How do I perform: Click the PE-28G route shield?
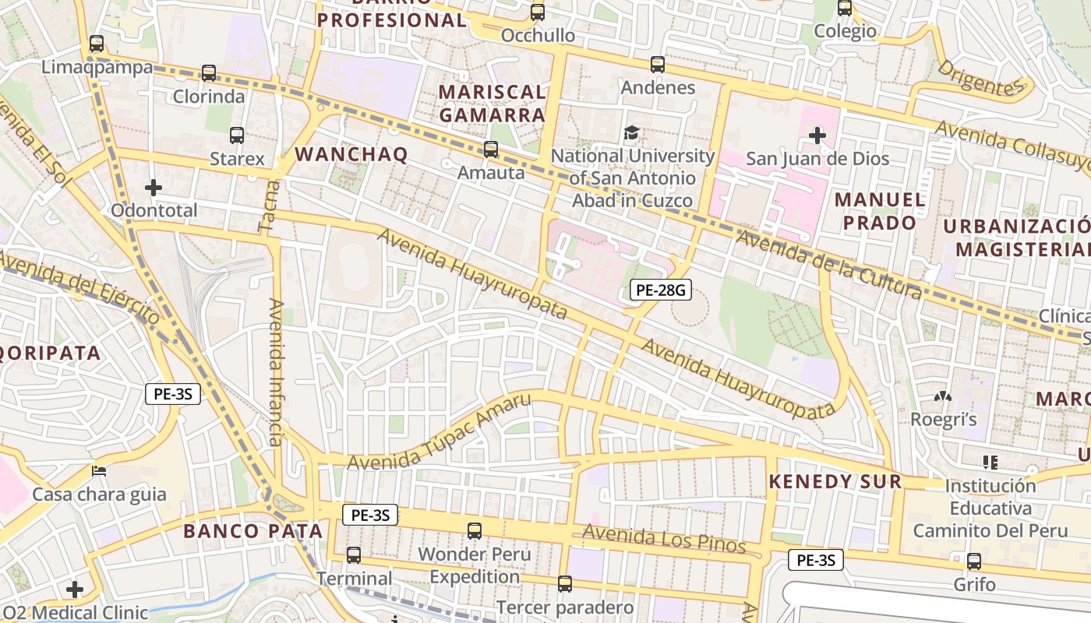660,290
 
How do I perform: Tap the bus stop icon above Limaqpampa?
97,44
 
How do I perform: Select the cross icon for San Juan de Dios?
817,136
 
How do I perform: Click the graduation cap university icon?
632,133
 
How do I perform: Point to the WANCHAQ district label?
351,154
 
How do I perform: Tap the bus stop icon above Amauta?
491,149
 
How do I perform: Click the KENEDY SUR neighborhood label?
835,481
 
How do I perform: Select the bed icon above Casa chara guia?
99,471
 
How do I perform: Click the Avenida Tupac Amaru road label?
439,432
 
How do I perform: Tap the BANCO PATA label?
252,531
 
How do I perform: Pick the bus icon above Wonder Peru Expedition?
475,531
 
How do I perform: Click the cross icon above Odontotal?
154,187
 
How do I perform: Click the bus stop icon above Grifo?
973,561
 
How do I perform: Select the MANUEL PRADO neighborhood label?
880,211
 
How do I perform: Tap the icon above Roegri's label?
943,396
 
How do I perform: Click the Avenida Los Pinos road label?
664,539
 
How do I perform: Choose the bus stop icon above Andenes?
658,65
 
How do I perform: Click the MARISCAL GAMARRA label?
492,103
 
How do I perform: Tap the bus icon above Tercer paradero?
565,583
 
